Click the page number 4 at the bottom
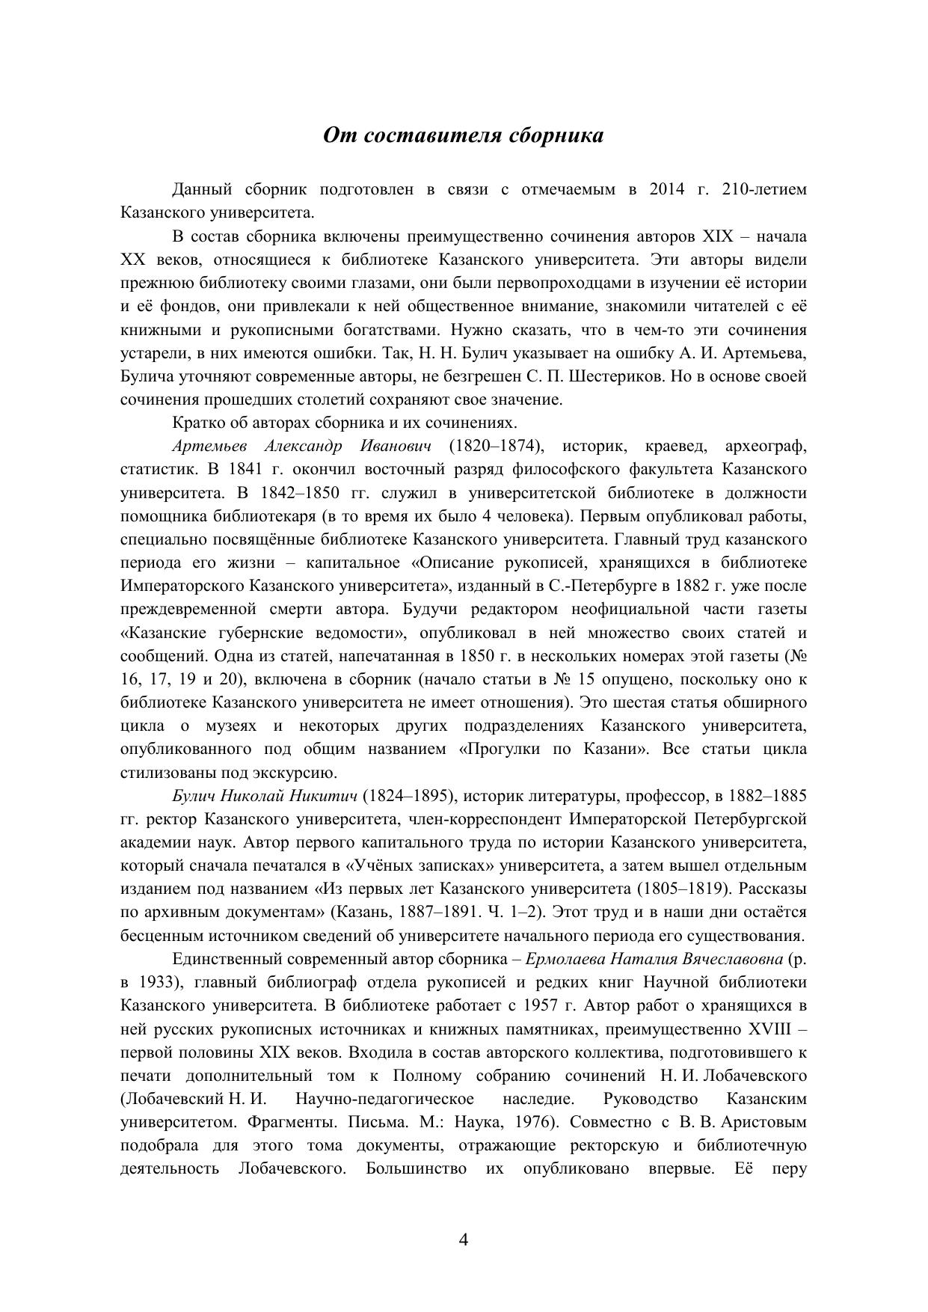click(x=463, y=1240)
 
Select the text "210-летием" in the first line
click(x=765, y=189)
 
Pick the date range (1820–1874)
click(x=496, y=447)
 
